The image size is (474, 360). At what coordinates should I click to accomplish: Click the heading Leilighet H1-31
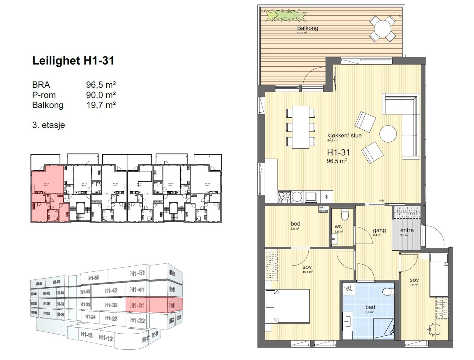(x=73, y=61)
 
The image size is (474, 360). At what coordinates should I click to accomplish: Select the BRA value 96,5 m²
(x=101, y=85)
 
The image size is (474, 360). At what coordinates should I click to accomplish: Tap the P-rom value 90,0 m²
(x=101, y=95)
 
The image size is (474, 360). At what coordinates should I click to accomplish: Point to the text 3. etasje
(x=48, y=125)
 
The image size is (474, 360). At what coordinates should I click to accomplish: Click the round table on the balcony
(x=382, y=29)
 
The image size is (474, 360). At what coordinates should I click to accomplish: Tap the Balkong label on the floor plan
(x=308, y=28)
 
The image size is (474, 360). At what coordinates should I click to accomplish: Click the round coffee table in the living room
(x=388, y=134)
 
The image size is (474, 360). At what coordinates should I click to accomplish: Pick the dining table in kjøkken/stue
(x=300, y=127)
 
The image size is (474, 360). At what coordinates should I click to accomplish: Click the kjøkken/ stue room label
(x=344, y=135)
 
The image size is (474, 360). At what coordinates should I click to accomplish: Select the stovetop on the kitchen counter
(x=284, y=196)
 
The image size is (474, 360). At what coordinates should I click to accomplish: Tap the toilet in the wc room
(x=345, y=215)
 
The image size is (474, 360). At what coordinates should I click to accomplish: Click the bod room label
(x=295, y=224)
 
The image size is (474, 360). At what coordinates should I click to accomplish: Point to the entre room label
(x=406, y=230)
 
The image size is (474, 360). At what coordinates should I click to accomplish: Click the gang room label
(x=379, y=230)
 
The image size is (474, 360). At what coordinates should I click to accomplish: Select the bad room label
(x=370, y=307)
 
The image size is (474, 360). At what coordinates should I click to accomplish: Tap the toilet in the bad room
(x=387, y=292)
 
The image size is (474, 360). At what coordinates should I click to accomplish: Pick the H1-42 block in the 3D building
(x=111, y=291)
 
